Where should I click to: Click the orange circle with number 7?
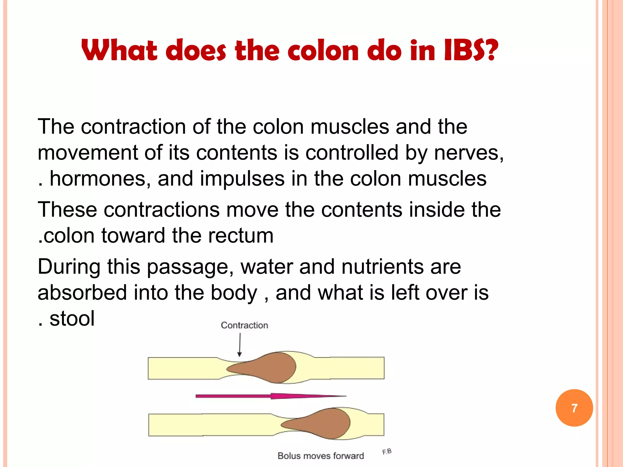click(574, 408)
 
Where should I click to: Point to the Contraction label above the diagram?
click(244, 325)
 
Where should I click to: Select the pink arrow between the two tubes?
click(271, 396)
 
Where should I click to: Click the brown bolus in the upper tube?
click(268, 367)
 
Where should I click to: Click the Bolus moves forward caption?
click(321, 456)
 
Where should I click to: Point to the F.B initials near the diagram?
click(387, 451)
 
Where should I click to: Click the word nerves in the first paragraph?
click(468, 153)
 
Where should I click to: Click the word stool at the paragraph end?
click(72, 319)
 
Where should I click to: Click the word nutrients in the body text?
click(383, 267)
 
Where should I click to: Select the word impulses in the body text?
click(242, 178)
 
